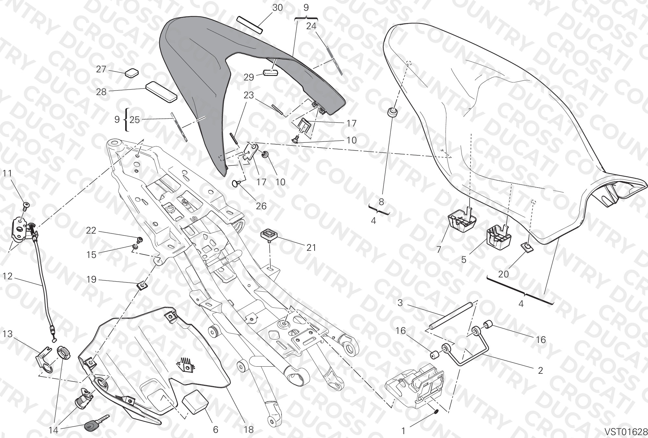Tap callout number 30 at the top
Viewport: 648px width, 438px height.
(x=277, y=7)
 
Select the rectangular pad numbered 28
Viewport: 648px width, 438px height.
(x=161, y=92)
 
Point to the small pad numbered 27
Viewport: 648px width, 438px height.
(x=131, y=72)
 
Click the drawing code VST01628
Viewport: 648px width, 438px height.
(x=626, y=432)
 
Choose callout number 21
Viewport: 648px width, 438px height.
(x=311, y=248)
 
